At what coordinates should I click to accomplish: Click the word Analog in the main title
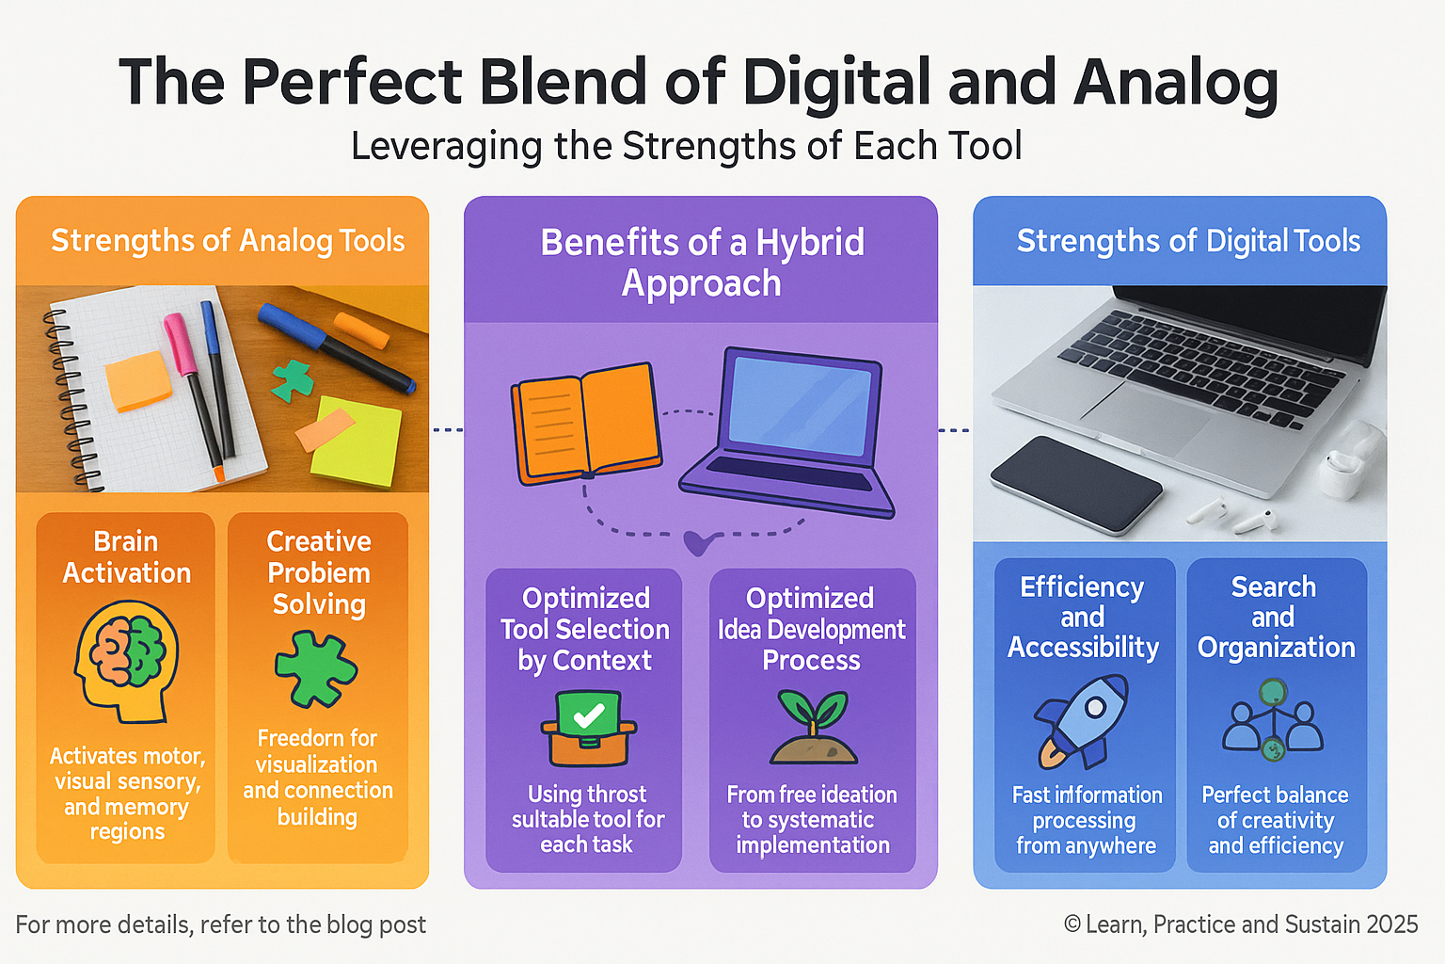(1175, 84)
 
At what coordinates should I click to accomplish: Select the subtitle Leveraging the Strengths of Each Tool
(687, 146)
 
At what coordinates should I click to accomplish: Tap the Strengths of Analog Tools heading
(228, 242)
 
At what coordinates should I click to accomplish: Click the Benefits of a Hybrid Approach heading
(702, 262)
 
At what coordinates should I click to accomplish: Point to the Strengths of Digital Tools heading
(1188, 242)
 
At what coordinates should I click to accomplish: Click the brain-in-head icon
(126, 661)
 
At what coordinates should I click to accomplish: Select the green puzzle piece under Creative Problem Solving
(316, 669)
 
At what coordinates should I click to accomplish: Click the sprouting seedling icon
(813, 727)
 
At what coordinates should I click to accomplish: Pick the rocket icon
(1081, 722)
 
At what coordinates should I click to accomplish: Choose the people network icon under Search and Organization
(1272, 719)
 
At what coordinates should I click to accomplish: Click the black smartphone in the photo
(1076, 484)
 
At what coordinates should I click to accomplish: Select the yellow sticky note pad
(357, 442)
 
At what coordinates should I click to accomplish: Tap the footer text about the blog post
(221, 924)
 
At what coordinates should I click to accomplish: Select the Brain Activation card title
(126, 557)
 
